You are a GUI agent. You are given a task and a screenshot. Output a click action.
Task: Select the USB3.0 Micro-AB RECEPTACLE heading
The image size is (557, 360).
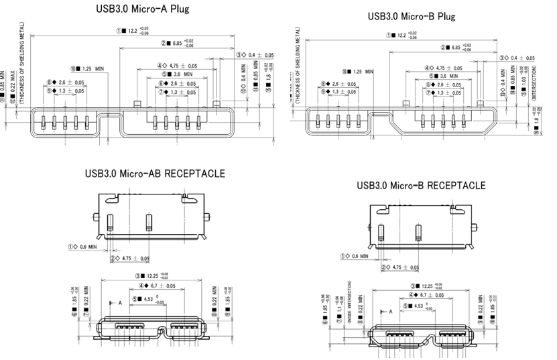[x=155, y=174]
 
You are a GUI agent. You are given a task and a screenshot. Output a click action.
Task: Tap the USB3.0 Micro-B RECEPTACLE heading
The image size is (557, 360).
[x=422, y=185]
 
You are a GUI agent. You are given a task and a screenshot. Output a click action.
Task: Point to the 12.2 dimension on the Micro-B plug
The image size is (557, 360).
[x=399, y=35]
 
